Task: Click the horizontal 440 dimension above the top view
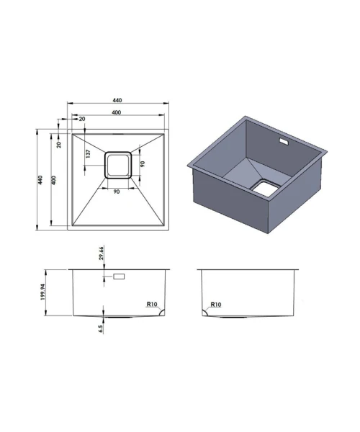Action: (x=117, y=100)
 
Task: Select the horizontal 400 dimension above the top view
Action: (x=116, y=112)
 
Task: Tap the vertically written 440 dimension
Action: (x=40, y=180)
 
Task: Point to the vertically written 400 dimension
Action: (x=54, y=180)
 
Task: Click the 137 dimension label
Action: (x=88, y=153)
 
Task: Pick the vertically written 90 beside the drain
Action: (x=142, y=164)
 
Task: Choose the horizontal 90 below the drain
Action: (x=117, y=192)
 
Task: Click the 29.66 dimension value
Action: (x=101, y=253)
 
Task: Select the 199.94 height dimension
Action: (x=42, y=292)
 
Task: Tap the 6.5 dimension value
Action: (x=100, y=329)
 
